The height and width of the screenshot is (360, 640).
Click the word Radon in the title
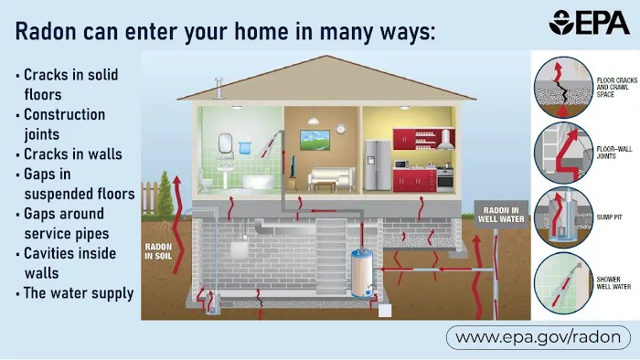point(50,32)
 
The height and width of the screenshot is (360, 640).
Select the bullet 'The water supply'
point(78,293)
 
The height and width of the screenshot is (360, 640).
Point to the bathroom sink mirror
point(225,142)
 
